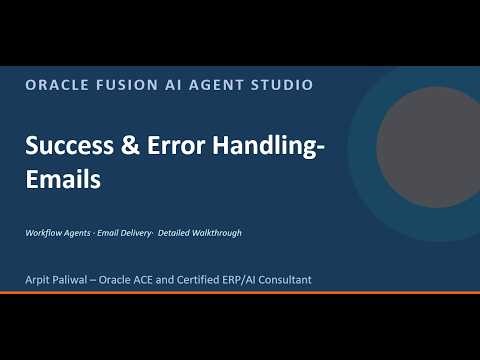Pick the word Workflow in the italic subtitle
(x=46, y=233)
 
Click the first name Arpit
(x=40, y=279)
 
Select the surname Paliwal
(x=80, y=279)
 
